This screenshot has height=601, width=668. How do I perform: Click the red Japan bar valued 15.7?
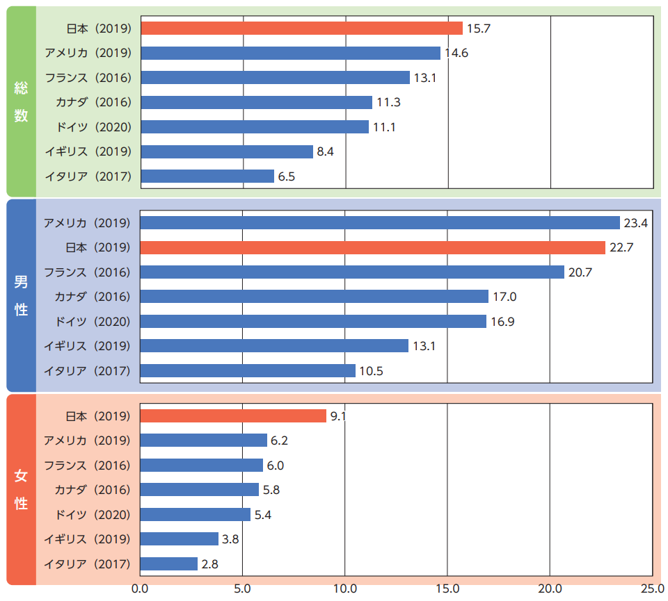point(301,28)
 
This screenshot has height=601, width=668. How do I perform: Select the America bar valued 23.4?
point(380,223)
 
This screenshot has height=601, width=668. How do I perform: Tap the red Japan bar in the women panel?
point(233,416)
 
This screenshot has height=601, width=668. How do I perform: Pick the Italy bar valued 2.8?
point(169,564)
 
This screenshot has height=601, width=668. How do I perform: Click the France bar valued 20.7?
point(352,272)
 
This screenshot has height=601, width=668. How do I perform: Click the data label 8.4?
point(325,151)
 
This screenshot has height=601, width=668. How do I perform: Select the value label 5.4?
point(264,515)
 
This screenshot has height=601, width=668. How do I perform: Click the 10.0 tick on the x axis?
point(345,589)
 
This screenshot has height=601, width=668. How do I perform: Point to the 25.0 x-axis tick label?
point(652,589)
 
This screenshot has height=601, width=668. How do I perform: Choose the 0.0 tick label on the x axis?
point(141,589)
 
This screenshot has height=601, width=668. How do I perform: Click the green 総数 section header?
point(22,101)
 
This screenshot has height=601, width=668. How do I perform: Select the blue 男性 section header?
point(22,296)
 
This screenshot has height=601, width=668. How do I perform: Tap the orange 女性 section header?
point(22,489)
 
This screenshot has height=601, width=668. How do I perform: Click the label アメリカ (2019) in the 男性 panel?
point(87,223)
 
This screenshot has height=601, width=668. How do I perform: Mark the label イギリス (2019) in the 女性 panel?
point(87,539)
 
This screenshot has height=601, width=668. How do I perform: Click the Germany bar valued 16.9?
point(313,322)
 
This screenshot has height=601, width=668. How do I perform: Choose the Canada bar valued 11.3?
point(256,102)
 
